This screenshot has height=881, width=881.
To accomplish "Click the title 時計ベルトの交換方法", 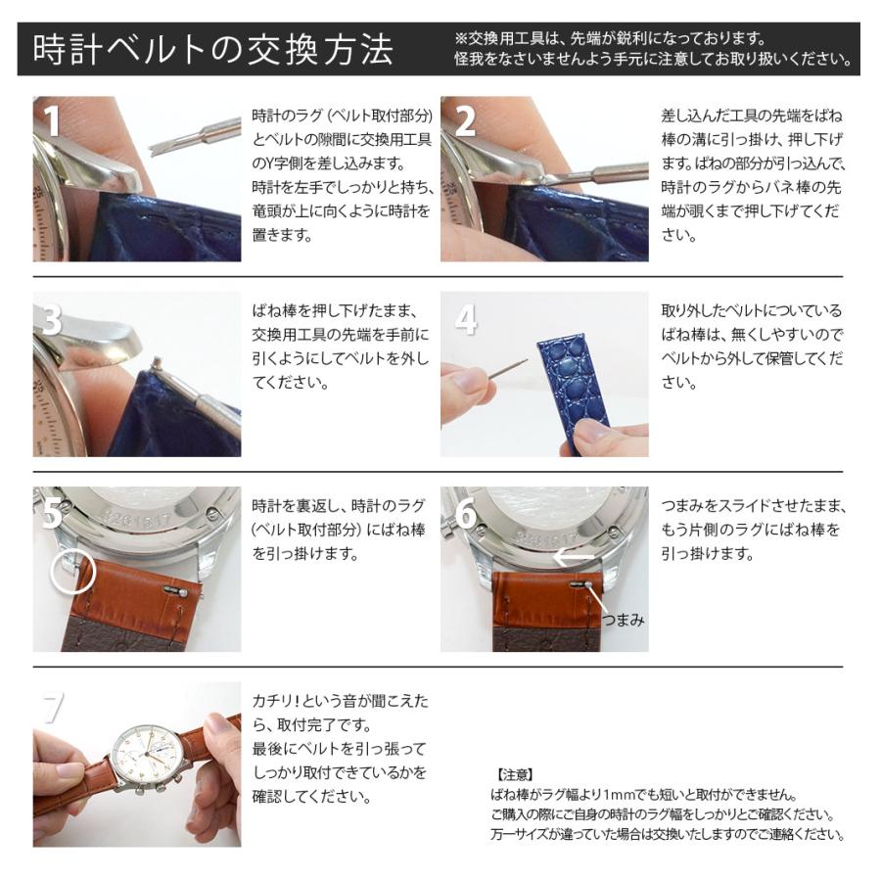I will pyautogui.click(x=212, y=50).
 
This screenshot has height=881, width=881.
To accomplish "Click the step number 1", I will pyautogui.click(x=51, y=120).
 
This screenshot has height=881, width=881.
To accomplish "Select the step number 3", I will pyautogui.click(x=51, y=319).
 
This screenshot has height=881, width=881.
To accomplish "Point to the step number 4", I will pyautogui.click(x=466, y=319).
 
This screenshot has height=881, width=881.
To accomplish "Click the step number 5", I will pyautogui.click(x=51, y=514).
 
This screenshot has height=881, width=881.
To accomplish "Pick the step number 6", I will pyautogui.click(x=466, y=514).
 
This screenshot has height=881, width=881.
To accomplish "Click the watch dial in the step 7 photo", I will pyautogui.click(x=146, y=753).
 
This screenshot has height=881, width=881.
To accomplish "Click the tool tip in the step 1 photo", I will pyautogui.click(x=157, y=148).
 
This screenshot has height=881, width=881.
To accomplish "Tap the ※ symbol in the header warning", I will pyautogui.click(x=462, y=38).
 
